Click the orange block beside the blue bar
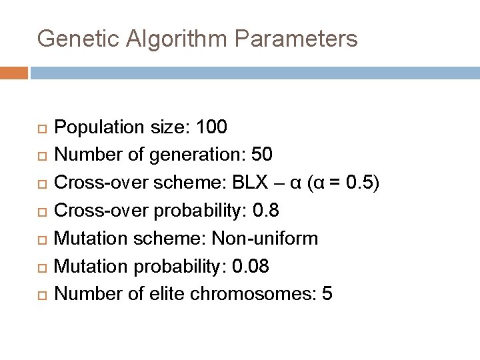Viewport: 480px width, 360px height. tap(14, 72)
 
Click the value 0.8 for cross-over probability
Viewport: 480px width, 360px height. tap(267, 210)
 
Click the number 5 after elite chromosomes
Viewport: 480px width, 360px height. tap(327, 294)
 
